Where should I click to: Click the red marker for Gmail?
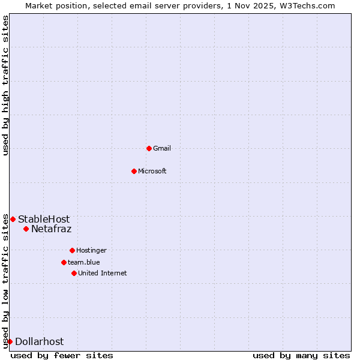point(149,148)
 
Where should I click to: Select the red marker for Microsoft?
point(134,171)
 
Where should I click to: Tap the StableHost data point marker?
point(13,219)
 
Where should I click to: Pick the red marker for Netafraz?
point(26,229)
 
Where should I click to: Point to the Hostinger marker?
point(72,250)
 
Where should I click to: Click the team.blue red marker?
point(64,262)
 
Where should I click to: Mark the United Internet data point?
point(74,273)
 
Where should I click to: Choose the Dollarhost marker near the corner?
point(10,341)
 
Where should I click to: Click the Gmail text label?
point(162,148)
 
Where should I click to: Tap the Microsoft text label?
point(152,171)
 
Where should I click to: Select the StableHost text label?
point(44,219)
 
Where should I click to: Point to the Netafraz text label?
point(52,229)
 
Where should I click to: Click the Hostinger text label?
point(91,250)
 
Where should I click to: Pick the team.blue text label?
point(84,262)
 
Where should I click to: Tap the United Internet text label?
point(103,273)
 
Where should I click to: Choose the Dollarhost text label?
point(40,341)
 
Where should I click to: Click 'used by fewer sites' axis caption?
point(62,355)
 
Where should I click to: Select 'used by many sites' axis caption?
point(301,355)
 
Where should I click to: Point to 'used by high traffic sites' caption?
point(5,85)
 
